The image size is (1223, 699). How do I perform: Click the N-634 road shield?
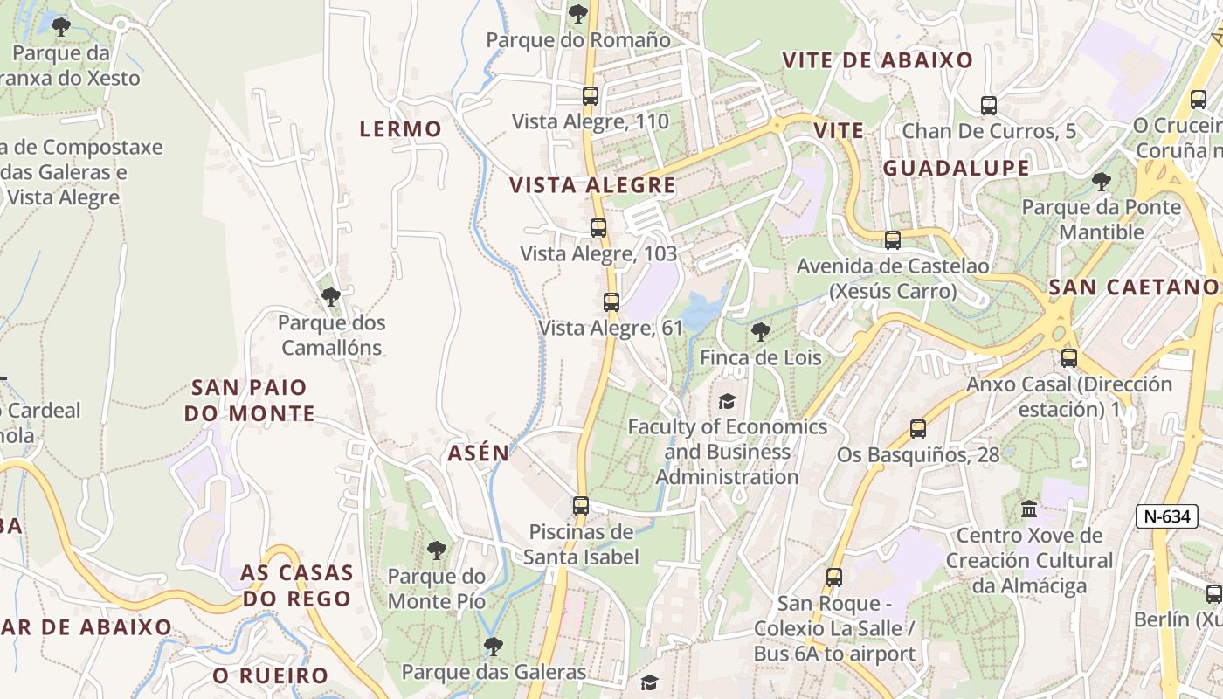point(1167,516)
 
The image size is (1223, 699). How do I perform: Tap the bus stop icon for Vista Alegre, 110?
point(591,96)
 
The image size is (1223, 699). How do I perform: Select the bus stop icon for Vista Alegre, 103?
point(598,228)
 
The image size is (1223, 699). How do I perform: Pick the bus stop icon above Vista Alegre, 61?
point(611,302)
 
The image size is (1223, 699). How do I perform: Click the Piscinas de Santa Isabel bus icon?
point(581,505)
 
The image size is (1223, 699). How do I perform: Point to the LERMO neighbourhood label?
point(401,129)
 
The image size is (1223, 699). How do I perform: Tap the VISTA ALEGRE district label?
point(592,185)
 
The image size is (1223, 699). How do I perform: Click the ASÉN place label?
point(478,453)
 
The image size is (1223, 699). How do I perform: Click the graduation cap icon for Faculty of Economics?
point(727,401)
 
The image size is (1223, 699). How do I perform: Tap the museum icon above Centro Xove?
point(1029,509)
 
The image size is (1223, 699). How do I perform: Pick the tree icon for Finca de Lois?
point(761,331)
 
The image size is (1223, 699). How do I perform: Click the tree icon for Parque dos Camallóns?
point(331,297)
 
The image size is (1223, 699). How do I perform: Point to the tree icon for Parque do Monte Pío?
point(436,550)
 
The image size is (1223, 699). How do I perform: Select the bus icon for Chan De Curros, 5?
point(989,106)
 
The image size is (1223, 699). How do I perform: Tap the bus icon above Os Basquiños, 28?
point(918,428)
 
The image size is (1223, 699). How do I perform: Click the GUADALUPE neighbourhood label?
point(956,169)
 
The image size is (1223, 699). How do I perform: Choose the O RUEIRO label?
point(270,675)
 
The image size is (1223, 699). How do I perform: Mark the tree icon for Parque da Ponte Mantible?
point(1101,182)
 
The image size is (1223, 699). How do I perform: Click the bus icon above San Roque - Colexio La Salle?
point(834,578)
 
